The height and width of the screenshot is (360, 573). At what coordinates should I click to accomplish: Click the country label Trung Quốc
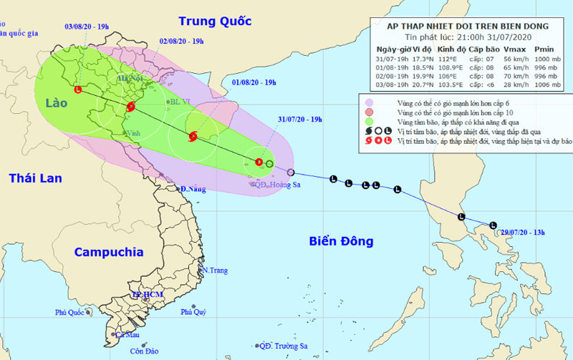(215, 21)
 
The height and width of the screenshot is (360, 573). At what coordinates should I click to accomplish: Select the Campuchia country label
(109, 252)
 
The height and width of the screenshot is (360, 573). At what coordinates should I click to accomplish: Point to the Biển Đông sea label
(341, 241)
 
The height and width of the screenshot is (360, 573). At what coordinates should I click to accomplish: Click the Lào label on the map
(54, 103)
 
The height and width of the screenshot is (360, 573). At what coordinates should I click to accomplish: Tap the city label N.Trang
(214, 271)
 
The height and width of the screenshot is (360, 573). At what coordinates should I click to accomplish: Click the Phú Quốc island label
(71, 313)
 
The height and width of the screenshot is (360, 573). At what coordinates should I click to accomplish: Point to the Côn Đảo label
(144, 351)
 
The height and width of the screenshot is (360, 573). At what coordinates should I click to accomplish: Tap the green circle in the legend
(368, 122)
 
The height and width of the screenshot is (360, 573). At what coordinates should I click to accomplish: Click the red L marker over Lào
(77, 90)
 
